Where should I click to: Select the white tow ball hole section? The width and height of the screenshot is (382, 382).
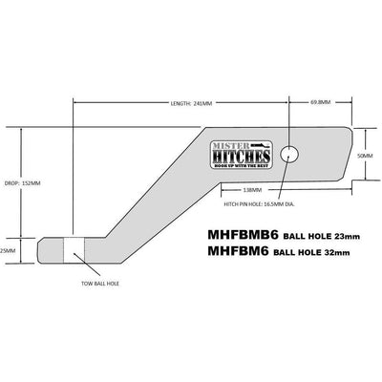point(74,250)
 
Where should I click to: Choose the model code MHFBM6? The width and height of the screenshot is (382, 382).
point(235,251)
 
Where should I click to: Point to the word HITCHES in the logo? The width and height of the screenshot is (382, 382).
point(243,154)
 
